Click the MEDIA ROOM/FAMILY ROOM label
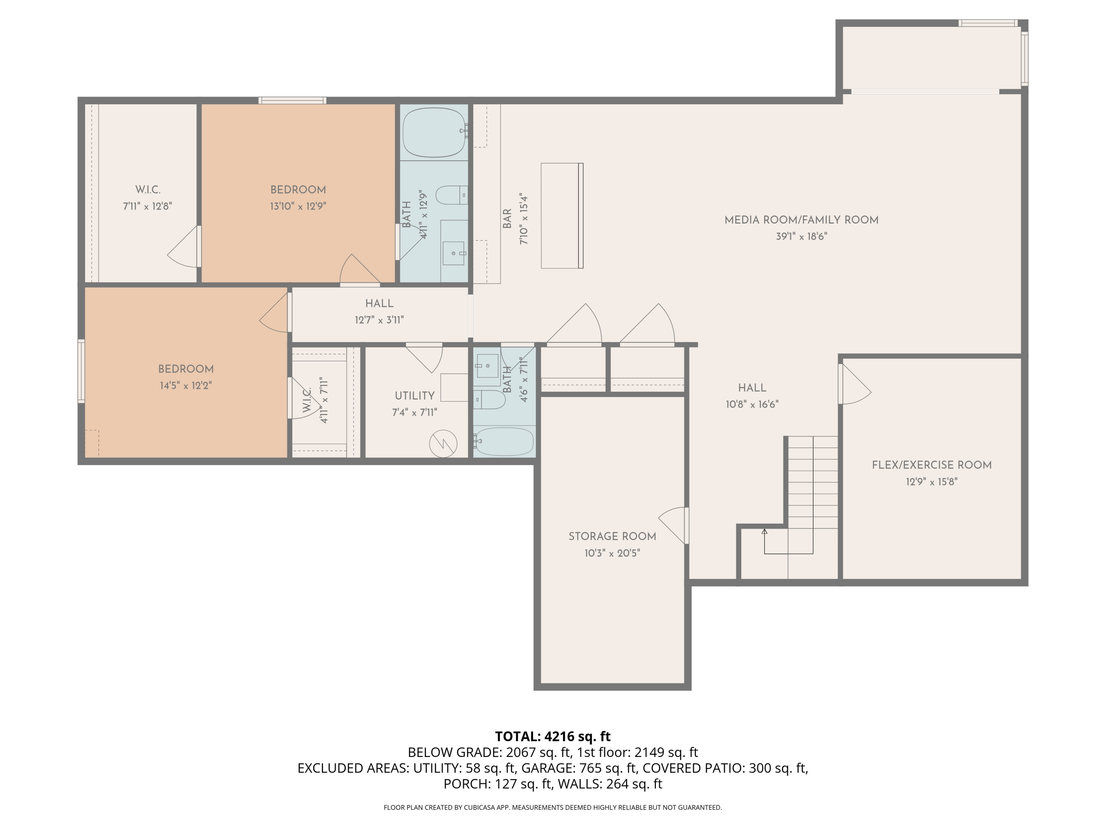801,219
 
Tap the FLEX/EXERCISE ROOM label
932,465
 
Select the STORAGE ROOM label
612,536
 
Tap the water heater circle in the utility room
443,443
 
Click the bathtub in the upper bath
434,132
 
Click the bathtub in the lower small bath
504,441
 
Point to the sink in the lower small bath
487,366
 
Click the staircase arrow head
764,531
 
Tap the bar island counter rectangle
562,216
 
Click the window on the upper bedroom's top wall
292,101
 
